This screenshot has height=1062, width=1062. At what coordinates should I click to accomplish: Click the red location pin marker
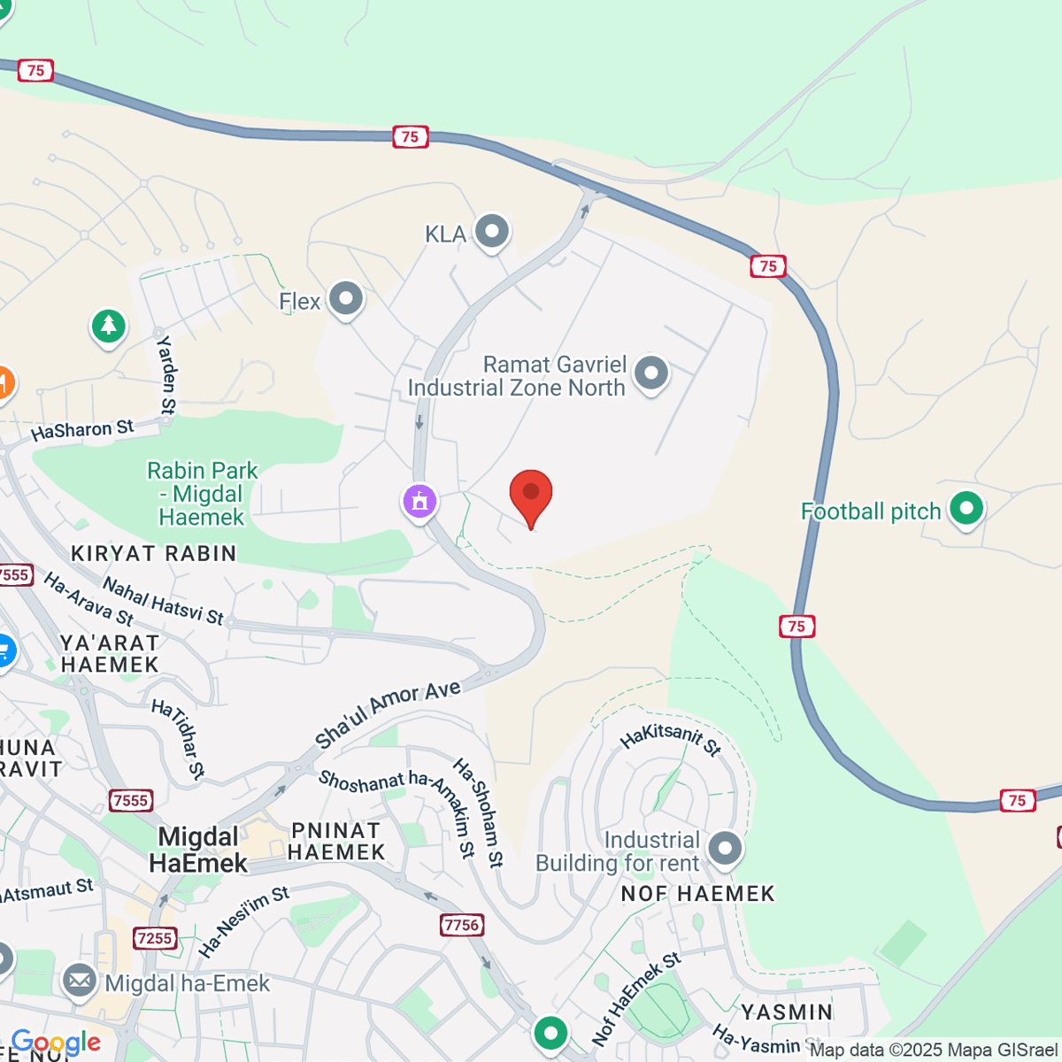click(x=531, y=495)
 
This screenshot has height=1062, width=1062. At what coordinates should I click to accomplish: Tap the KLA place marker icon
click(x=492, y=232)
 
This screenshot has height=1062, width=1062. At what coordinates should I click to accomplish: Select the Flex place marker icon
click(x=346, y=299)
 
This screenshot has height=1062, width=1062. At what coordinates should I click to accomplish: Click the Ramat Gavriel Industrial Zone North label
click(x=517, y=376)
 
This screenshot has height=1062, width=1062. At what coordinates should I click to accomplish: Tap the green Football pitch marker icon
click(x=966, y=509)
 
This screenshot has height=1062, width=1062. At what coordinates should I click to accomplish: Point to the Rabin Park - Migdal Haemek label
click(x=202, y=494)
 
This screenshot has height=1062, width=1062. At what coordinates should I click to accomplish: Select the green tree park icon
click(x=109, y=326)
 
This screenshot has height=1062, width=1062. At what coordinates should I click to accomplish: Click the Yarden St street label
click(x=166, y=375)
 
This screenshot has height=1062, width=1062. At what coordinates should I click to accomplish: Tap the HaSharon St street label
click(x=82, y=430)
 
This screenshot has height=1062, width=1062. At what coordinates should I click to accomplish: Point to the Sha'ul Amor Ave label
click(x=388, y=713)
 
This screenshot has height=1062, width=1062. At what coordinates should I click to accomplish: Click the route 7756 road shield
click(x=461, y=925)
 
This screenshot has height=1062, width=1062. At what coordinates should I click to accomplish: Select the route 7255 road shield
click(x=155, y=938)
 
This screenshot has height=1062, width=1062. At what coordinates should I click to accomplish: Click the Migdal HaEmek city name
click(x=198, y=850)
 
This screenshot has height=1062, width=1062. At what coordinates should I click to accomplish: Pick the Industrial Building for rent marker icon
click(x=726, y=848)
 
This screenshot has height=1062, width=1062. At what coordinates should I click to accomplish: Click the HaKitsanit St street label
click(x=671, y=738)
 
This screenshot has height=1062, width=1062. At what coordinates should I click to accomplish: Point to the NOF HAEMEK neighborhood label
click(x=697, y=894)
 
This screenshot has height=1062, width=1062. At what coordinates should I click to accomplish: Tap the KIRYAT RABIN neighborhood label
click(x=154, y=554)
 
